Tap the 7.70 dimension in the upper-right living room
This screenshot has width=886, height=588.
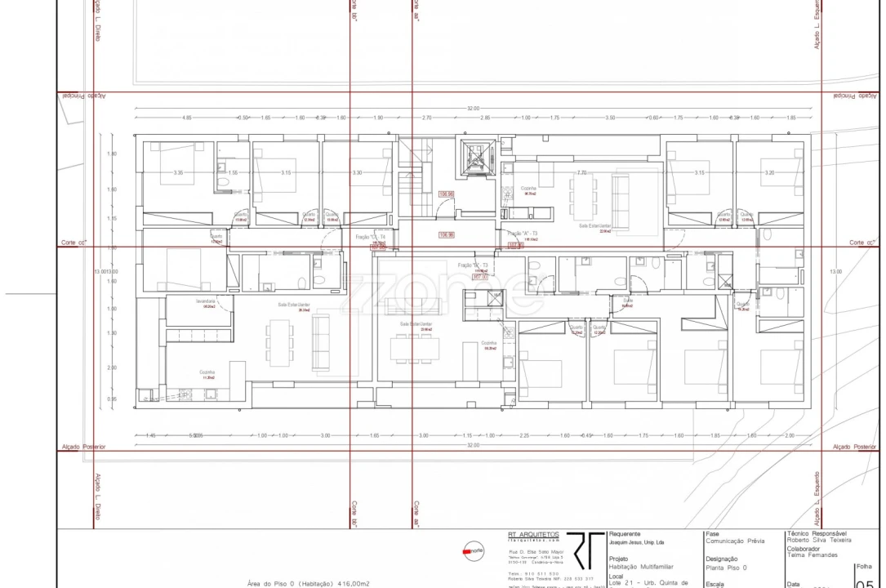point(581,173)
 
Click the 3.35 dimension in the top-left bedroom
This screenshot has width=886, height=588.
point(178,173)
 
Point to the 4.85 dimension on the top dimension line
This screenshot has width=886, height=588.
point(187,118)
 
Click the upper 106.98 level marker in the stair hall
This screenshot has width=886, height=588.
point(446,194)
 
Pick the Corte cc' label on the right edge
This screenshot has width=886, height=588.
point(861,243)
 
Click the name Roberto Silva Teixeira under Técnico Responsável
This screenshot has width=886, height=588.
point(829,541)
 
